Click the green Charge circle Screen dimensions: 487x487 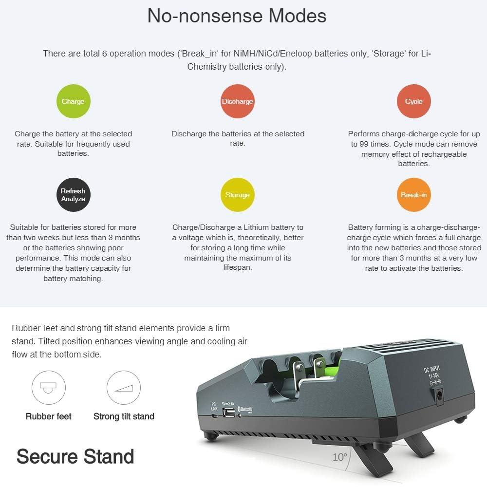coord(74,101)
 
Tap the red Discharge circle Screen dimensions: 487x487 coord(238,101)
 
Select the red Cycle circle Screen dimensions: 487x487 coord(413,101)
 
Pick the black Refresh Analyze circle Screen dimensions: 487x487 coord(74,195)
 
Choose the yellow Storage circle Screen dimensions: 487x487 coord(238,195)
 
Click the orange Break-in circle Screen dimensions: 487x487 coord(413,195)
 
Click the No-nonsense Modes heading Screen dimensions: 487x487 coord(237,16)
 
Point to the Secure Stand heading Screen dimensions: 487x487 coord(75,456)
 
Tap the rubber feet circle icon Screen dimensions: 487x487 coord(48,387)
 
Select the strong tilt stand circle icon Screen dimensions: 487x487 coord(124,387)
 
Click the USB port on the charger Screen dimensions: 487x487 coord(228,412)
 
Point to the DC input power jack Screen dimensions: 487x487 coord(439,395)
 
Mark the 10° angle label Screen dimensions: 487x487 coord(339,457)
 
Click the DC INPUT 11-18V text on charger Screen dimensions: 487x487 coord(432,372)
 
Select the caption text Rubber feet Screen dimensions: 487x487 coord(48,416)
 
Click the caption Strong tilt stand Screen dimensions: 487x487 coord(124,416)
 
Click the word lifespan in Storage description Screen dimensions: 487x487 coord(238,267)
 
